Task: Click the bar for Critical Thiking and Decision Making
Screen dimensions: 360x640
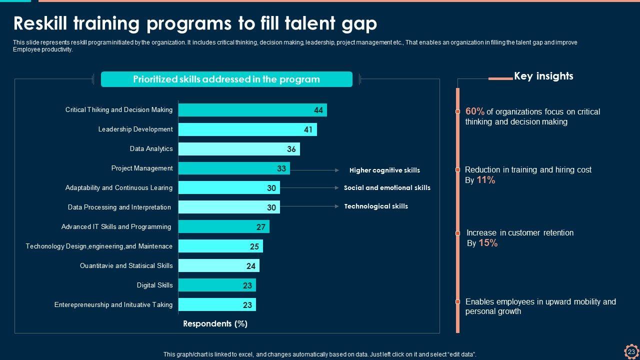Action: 252,110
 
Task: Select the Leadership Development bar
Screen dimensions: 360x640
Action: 247,129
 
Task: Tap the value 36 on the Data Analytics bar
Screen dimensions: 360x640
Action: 291,149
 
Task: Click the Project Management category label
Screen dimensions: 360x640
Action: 142,168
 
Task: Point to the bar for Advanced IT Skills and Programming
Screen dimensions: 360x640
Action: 223,226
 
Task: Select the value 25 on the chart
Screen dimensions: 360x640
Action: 254,246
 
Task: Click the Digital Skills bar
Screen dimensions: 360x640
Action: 217,285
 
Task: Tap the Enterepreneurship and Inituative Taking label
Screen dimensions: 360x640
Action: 113,304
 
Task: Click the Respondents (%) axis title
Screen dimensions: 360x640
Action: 215,323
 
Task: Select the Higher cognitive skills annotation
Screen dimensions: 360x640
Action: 384,170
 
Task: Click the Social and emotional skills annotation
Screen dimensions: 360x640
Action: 387,188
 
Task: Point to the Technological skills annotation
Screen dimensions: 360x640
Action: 376,206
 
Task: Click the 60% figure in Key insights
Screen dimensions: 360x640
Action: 474,111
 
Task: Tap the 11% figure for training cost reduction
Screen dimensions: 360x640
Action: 485,180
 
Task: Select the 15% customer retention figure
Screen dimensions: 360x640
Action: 488,243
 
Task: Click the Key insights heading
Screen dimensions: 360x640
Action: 543,76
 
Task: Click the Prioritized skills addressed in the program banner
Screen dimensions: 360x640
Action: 226,79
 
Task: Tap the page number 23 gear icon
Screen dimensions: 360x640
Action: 631,351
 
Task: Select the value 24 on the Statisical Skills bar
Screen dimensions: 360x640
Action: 251,266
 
